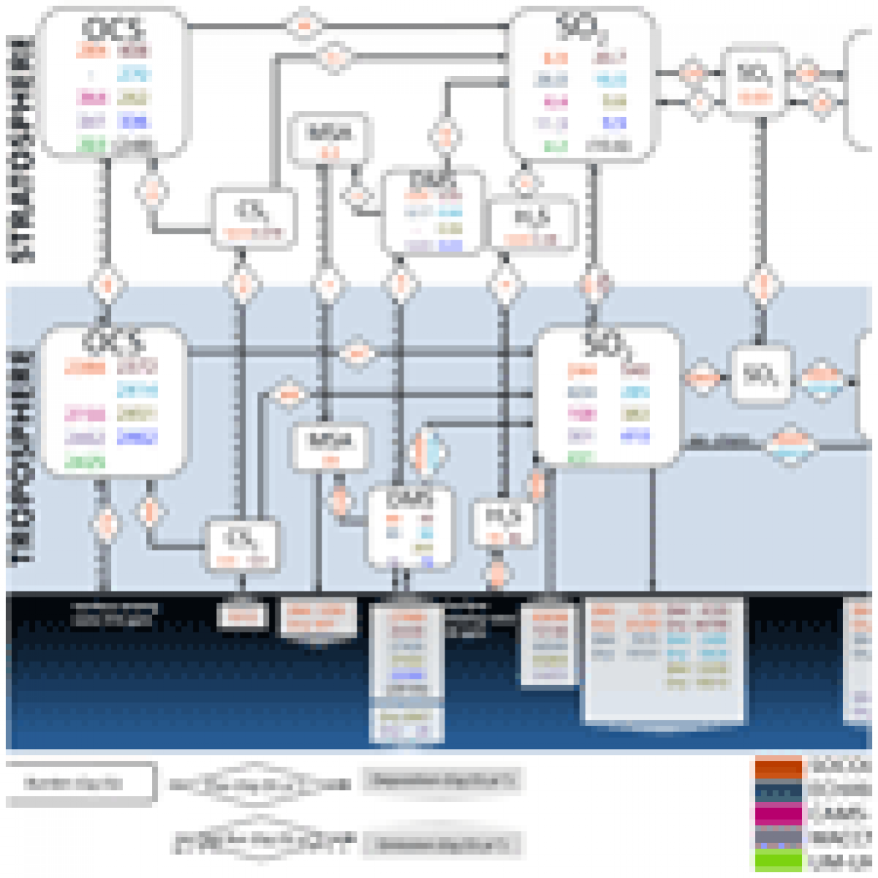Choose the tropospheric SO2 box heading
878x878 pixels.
click(x=608, y=345)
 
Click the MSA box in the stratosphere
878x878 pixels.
click(x=330, y=139)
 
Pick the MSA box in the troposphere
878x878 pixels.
click(x=330, y=447)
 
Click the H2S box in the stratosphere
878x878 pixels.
click(x=531, y=224)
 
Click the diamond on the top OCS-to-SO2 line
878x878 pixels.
click(x=304, y=27)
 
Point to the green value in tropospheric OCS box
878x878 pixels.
click(x=84, y=462)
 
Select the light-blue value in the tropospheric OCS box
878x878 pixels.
click(x=137, y=390)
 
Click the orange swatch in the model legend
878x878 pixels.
click(x=778, y=767)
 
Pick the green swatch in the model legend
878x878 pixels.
click(x=778, y=861)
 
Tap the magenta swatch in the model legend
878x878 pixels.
click(x=778, y=813)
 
